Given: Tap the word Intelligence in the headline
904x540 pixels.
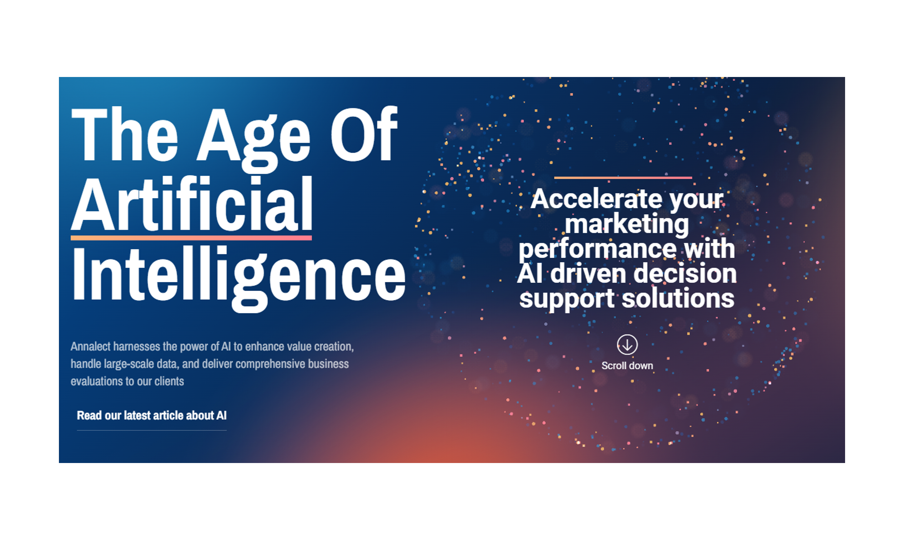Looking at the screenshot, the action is pyautogui.click(x=239, y=278).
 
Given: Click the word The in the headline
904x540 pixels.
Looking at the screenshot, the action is pyautogui.click(x=125, y=134).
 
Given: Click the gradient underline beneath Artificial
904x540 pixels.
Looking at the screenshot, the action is pyautogui.click(x=191, y=238).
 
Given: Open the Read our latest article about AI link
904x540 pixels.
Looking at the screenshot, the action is pyautogui.click(x=152, y=415).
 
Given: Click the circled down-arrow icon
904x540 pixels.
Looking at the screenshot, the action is pyautogui.click(x=627, y=344).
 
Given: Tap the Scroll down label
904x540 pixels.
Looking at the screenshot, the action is pyautogui.click(x=627, y=365).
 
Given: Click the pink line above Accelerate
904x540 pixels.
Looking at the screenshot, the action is pyautogui.click(x=623, y=177).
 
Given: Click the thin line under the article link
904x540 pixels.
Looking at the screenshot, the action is pyautogui.click(x=152, y=430).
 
